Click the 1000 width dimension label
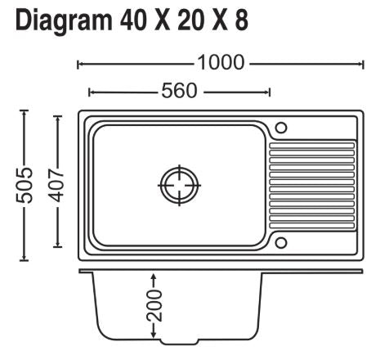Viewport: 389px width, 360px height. [221, 63]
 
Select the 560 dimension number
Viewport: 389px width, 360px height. [179, 91]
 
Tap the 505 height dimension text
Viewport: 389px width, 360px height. [24, 186]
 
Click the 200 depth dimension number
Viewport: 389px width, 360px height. [154, 306]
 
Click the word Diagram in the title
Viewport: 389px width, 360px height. [64, 21]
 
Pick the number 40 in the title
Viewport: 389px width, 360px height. [132, 20]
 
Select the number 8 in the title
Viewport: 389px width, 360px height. [241, 20]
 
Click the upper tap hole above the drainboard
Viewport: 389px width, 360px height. [281, 128]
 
